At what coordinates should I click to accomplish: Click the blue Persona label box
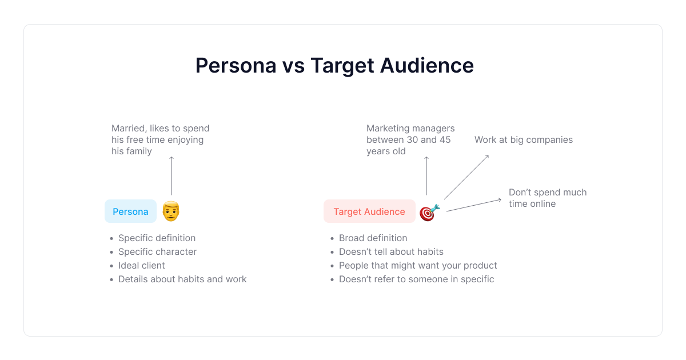[130, 211]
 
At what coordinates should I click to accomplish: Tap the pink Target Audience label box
[369, 211]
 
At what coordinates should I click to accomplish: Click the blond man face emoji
[171, 211]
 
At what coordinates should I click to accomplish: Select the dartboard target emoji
[430, 212]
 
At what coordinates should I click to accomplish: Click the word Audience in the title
[427, 66]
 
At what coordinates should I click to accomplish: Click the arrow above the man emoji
[171, 176]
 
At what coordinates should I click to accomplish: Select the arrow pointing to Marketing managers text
[426, 176]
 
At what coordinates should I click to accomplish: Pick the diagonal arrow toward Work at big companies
[466, 177]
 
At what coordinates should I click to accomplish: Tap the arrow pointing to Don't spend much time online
[474, 205]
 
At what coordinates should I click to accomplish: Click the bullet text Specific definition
[157, 238]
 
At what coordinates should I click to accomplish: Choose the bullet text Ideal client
[142, 265]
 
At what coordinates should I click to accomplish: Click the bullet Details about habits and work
[182, 279]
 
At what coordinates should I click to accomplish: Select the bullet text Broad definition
[373, 238]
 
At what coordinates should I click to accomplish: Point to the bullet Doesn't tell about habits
[391, 251]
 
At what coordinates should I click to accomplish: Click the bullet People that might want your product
[418, 265]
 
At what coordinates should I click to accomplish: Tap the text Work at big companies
[524, 140]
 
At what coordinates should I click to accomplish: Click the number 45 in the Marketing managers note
[445, 140]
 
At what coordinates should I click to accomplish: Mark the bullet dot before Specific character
[111, 252]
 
